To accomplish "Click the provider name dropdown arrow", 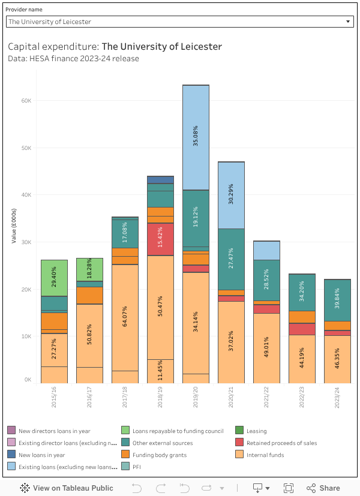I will pyautogui.click(x=349, y=22).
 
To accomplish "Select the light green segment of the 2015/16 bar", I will pyautogui.click(x=54, y=278).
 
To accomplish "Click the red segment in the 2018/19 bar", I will pyautogui.click(x=160, y=239).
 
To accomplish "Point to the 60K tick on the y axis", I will pyautogui.click(x=26, y=100).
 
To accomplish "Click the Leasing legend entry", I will pyautogui.click(x=256, y=431).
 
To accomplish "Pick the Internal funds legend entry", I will pyautogui.click(x=265, y=455).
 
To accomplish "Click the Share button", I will pyautogui.click(x=323, y=488).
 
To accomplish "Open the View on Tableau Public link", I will pyautogui.click(x=67, y=488).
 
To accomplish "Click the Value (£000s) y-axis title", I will pyautogui.click(x=13, y=226).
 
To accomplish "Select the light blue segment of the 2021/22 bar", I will pyautogui.click(x=266, y=250).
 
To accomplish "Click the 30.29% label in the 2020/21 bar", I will pyautogui.click(x=231, y=194).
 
